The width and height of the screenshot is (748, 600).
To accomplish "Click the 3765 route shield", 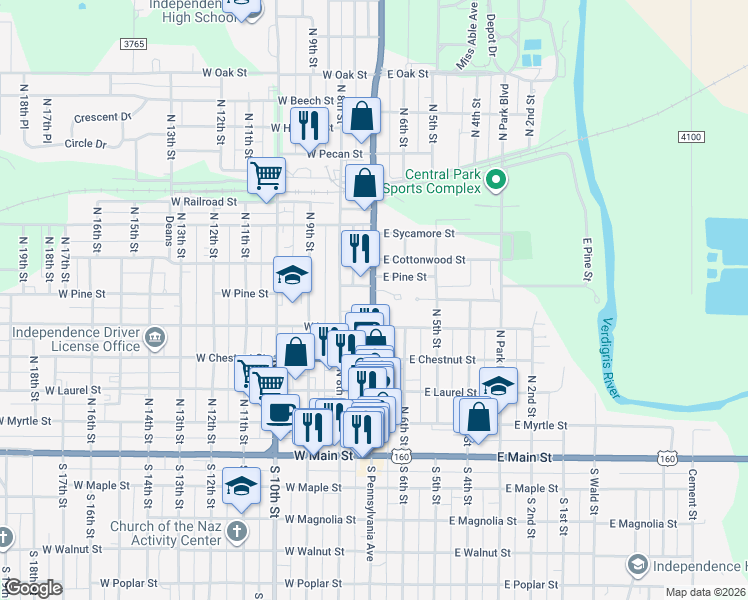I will click(132, 44).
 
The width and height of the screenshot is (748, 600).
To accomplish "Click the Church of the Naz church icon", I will click(237, 530).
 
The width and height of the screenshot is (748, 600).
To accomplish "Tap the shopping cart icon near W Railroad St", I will click(266, 176).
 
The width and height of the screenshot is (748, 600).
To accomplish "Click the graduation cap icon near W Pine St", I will click(292, 275).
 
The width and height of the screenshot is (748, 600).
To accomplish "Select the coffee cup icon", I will click(280, 411).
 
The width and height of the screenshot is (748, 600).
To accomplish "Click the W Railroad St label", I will click(204, 201).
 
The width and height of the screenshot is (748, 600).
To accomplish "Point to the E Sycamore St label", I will click(418, 234).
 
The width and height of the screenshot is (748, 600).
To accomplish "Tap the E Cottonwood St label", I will click(424, 260).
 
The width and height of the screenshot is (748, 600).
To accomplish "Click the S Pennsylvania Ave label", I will click(370, 511).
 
